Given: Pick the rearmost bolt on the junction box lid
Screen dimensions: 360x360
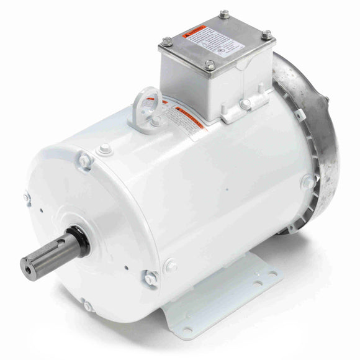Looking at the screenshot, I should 223,14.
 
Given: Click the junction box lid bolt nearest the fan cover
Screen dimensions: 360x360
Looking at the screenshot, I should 266,34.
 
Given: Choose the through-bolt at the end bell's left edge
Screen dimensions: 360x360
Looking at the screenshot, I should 27,197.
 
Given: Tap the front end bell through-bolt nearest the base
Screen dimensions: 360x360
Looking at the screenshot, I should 150,278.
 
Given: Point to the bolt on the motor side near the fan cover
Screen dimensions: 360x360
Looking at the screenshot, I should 308,181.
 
